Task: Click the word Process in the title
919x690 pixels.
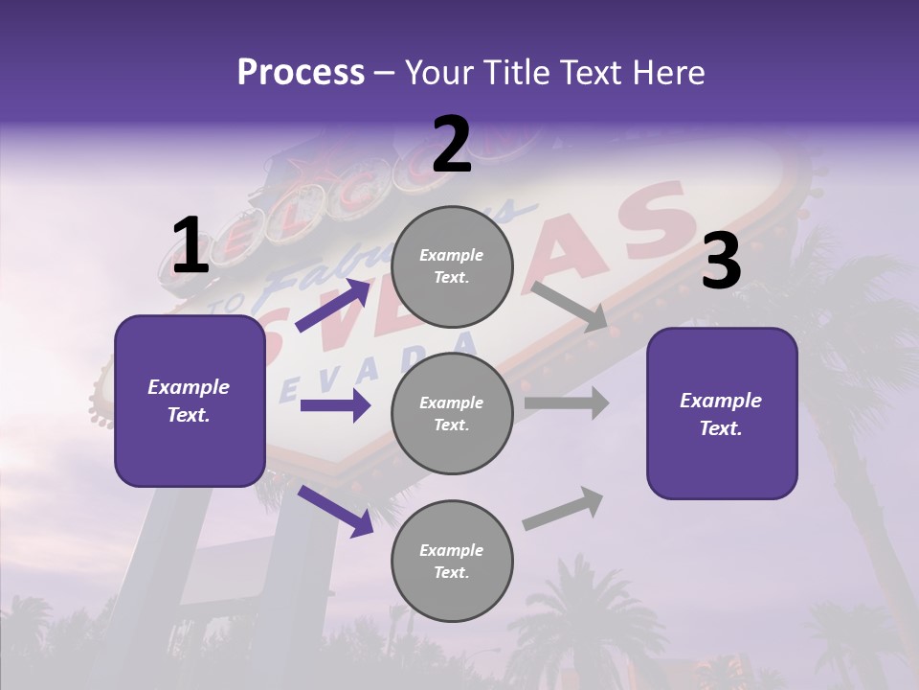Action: (x=301, y=73)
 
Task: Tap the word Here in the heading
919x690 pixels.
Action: (x=666, y=73)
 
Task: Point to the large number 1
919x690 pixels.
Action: (x=190, y=246)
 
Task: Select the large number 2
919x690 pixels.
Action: (x=452, y=145)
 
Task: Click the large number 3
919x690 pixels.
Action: (x=721, y=262)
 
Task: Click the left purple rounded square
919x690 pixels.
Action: (x=190, y=401)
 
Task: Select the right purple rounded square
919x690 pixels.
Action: (x=722, y=414)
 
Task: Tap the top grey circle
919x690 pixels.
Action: (x=452, y=266)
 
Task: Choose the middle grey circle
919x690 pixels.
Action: (x=452, y=414)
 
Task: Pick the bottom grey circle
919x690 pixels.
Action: (x=452, y=562)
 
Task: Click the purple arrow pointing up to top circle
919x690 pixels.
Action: (x=333, y=306)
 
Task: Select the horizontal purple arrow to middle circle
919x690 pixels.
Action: (x=335, y=406)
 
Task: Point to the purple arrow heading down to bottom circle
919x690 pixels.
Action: (x=335, y=511)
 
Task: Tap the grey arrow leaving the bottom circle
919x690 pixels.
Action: (x=563, y=509)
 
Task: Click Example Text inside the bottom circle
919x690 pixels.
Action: (x=452, y=562)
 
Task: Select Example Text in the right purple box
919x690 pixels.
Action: (x=721, y=414)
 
